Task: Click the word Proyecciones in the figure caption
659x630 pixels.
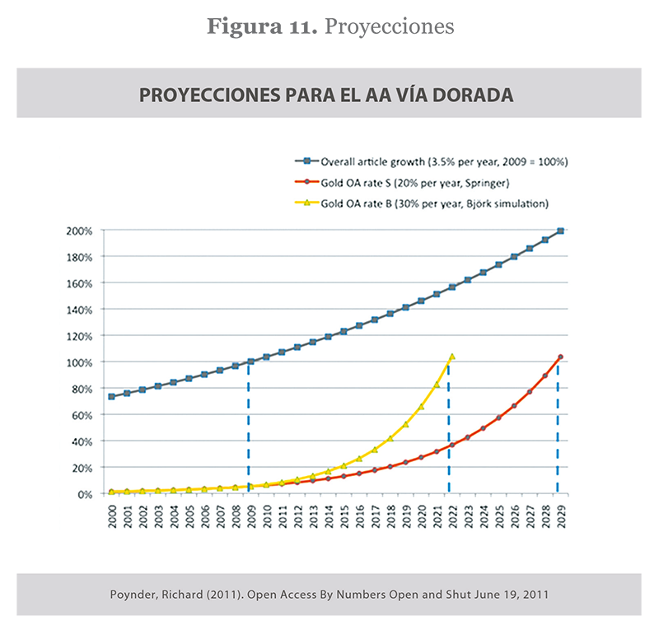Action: coord(389,26)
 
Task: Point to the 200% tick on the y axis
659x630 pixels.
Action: coord(79,231)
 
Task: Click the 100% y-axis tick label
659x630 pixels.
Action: coord(79,362)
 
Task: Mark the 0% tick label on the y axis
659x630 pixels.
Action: coord(84,494)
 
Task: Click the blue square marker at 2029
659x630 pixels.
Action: coord(560,231)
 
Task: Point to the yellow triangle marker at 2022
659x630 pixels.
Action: coord(451,357)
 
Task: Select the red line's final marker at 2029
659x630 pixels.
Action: coord(560,357)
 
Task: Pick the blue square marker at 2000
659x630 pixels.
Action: coord(112,396)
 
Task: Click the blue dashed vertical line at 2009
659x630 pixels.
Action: coord(249,428)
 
